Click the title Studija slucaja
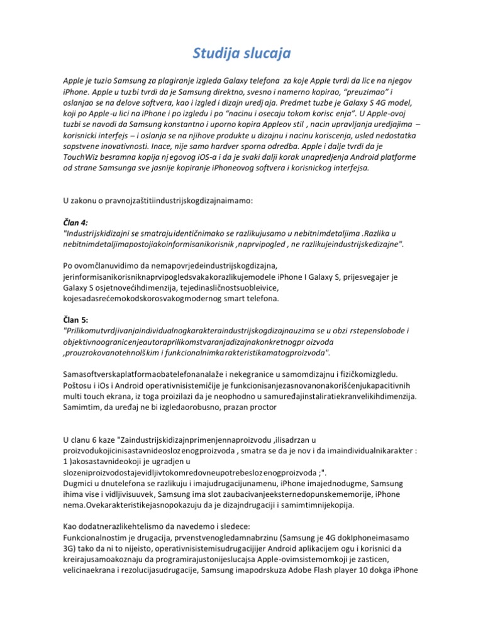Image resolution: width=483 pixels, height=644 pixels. click(x=241, y=54)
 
